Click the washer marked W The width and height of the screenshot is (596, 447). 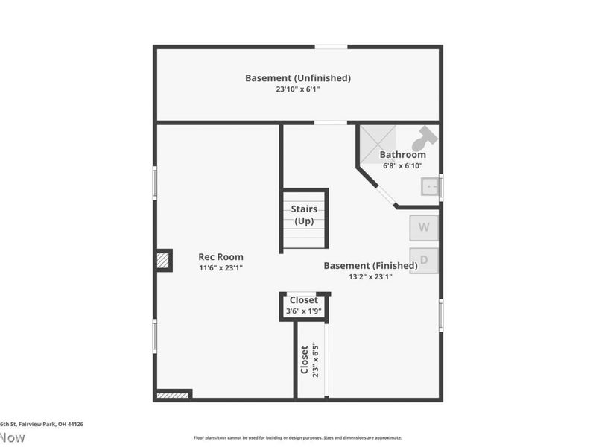click(424, 228)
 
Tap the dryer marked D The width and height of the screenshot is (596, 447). click(424, 260)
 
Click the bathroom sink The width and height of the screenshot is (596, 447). click(430, 186)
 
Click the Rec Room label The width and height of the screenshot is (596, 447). click(221, 257)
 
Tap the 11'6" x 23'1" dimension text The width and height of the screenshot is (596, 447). click(221, 267)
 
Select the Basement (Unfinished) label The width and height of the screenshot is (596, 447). click(298, 77)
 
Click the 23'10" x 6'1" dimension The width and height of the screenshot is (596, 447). click(298, 89)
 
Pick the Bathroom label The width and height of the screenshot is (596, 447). click(402, 155)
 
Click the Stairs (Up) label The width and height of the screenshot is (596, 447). click(304, 215)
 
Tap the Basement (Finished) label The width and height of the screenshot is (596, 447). click(370, 266)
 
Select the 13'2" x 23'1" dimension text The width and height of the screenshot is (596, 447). click(370, 276)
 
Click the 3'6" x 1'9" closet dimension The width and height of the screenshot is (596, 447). click(303, 311)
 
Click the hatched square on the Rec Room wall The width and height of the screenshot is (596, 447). click(163, 260)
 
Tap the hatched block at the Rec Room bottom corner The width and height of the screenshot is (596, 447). click(174, 394)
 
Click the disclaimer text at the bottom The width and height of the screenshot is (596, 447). click(298, 437)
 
